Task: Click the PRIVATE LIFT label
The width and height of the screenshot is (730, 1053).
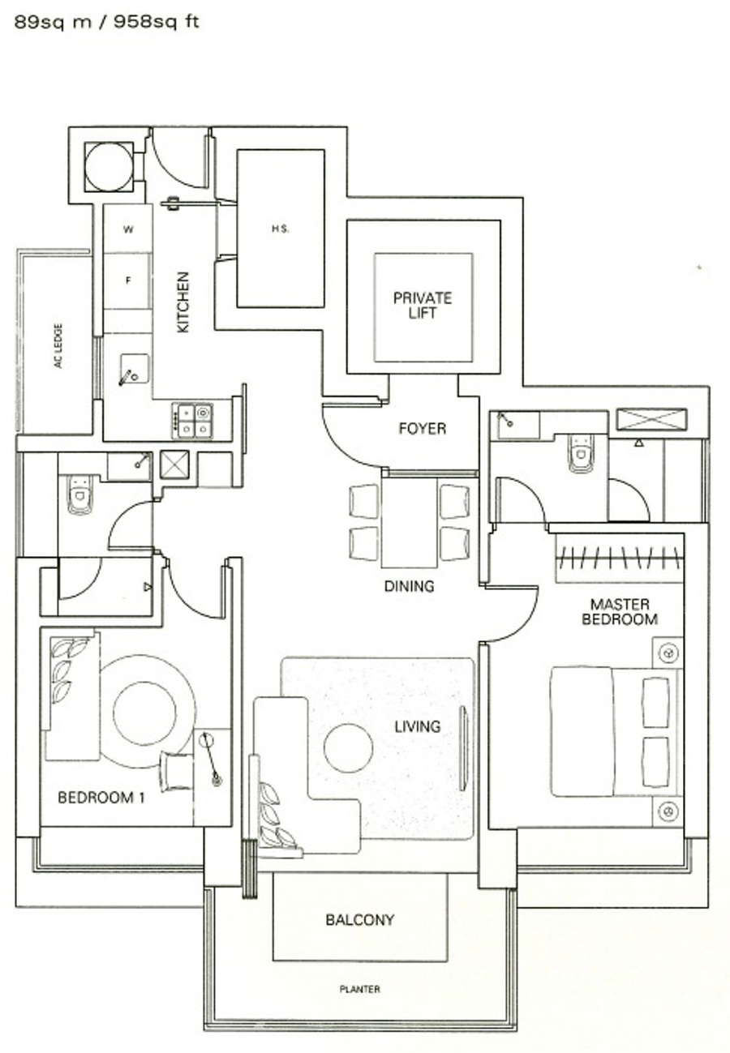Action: (x=423, y=306)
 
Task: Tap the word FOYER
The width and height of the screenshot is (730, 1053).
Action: (x=423, y=428)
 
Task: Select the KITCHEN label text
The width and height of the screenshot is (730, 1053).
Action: (x=182, y=302)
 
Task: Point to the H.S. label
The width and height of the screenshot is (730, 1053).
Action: (x=281, y=229)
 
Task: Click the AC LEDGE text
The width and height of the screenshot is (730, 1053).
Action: (x=58, y=345)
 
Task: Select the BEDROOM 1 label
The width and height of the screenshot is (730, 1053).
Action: (x=101, y=798)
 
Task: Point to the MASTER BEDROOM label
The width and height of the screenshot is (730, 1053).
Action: (x=620, y=611)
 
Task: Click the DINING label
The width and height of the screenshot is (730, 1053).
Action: (x=409, y=586)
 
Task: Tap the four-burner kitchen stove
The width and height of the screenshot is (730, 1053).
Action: (x=192, y=421)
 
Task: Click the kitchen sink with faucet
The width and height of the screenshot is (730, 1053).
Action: (x=135, y=370)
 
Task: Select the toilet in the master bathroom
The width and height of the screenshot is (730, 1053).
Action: (x=582, y=452)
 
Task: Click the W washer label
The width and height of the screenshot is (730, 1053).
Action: (x=128, y=229)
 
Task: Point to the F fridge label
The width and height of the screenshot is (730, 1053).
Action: (x=128, y=280)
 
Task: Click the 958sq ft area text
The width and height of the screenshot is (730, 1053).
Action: (x=157, y=22)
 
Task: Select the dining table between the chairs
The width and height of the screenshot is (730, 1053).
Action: (x=410, y=522)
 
